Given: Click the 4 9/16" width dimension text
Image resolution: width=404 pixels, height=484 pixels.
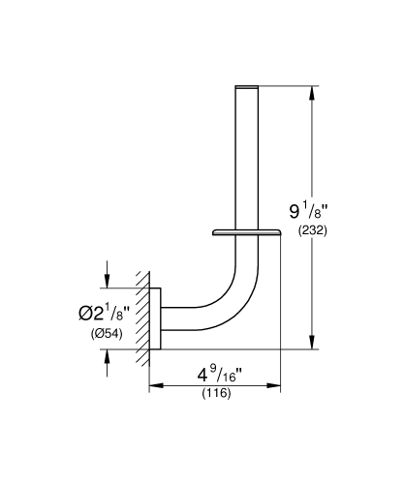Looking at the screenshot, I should click(216, 374).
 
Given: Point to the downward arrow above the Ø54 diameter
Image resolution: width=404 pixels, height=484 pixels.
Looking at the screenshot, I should click(107, 280).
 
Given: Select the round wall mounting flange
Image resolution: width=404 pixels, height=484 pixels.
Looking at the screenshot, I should click(155, 318).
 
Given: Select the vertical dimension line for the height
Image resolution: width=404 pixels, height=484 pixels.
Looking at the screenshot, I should click(311, 261).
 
